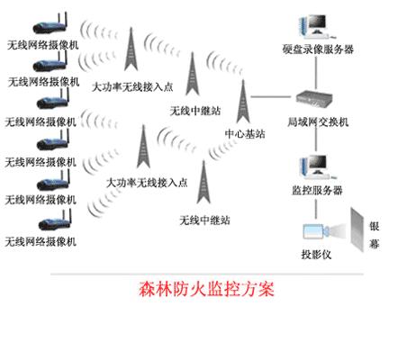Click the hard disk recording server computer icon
point(315,26)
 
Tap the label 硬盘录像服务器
point(318,49)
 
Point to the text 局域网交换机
point(318,121)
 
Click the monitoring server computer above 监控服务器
point(317,166)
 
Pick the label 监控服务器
point(317,190)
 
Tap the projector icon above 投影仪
point(317,231)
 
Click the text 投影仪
point(316,255)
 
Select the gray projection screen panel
point(357,230)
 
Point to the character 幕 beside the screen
point(375,244)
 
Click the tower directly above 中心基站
point(243,101)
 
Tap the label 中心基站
point(245,134)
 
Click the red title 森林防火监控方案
point(206,290)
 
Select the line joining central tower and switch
point(271,96)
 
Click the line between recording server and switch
point(316,73)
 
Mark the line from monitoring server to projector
point(316,209)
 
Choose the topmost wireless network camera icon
point(50,23)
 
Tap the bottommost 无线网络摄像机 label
point(41,241)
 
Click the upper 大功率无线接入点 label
point(132,87)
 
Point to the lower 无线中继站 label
point(204,220)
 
